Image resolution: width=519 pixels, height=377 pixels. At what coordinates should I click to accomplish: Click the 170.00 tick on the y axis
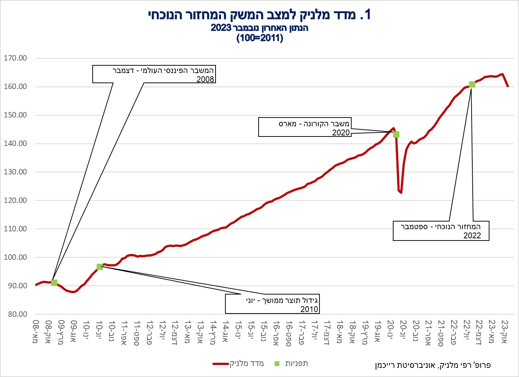(x=15, y=58)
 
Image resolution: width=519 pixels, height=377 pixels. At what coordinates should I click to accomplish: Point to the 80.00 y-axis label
(x=18, y=314)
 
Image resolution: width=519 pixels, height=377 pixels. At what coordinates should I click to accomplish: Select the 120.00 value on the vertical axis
(x=15, y=200)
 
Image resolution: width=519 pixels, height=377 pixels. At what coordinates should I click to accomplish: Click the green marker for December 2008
(x=54, y=282)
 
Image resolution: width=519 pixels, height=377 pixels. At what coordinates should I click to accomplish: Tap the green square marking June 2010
(x=100, y=267)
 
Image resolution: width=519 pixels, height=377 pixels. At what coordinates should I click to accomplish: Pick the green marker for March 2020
(x=396, y=134)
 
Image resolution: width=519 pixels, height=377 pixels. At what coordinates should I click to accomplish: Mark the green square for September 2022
(x=472, y=85)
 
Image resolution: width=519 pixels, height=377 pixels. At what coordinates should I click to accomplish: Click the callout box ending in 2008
(x=154, y=74)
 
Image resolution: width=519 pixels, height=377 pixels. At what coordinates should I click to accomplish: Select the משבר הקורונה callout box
(x=305, y=127)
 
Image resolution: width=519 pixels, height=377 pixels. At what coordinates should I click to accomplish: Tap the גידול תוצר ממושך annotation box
(x=272, y=304)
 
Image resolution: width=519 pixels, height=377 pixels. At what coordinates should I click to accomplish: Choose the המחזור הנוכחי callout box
(x=441, y=231)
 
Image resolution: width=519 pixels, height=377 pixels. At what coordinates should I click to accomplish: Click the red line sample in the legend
(x=221, y=364)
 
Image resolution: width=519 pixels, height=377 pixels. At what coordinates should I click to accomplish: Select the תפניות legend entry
(x=291, y=363)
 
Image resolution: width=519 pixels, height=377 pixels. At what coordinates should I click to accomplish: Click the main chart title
(x=260, y=14)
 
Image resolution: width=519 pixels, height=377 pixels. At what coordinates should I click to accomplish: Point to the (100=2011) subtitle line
(x=260, y=38)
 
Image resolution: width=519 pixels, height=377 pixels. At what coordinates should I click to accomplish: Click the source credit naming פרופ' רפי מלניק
(x=433, y=365)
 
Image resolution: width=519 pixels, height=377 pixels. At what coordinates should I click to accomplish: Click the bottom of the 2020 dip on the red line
(x=401, y=193)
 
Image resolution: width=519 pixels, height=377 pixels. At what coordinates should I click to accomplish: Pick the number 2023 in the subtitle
(x=221, y=28)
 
